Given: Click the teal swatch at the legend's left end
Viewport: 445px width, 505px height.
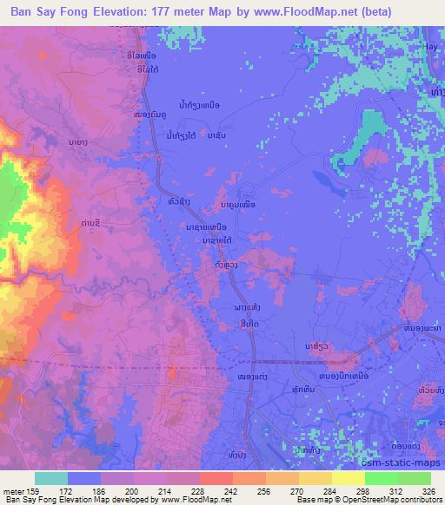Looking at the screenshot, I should click(51, 478).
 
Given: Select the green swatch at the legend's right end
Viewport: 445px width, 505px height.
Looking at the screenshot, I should click(415, 478).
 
